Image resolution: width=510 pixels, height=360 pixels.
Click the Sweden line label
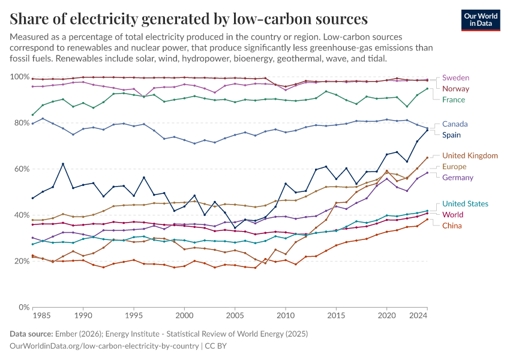455,78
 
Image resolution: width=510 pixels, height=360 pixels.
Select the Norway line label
455,89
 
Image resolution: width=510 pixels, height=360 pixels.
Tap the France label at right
454,100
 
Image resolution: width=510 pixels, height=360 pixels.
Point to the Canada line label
455,124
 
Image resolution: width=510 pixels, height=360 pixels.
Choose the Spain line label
451,135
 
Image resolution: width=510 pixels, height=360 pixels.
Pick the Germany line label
458,177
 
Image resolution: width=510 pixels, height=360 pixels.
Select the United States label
466,204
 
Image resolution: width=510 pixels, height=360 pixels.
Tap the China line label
452,226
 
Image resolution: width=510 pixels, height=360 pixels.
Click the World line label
452,215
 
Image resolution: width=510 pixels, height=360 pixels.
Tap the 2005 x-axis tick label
235,315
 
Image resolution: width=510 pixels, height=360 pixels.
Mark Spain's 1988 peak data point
63,164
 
